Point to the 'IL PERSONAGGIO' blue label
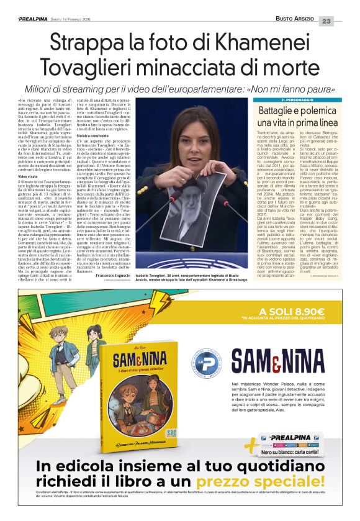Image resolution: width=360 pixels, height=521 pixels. click(x=301, y=100)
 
